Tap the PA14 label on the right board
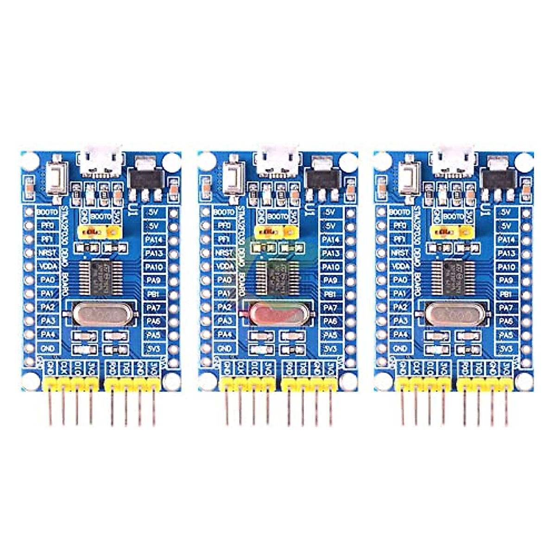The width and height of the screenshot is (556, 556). coord(506,240)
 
